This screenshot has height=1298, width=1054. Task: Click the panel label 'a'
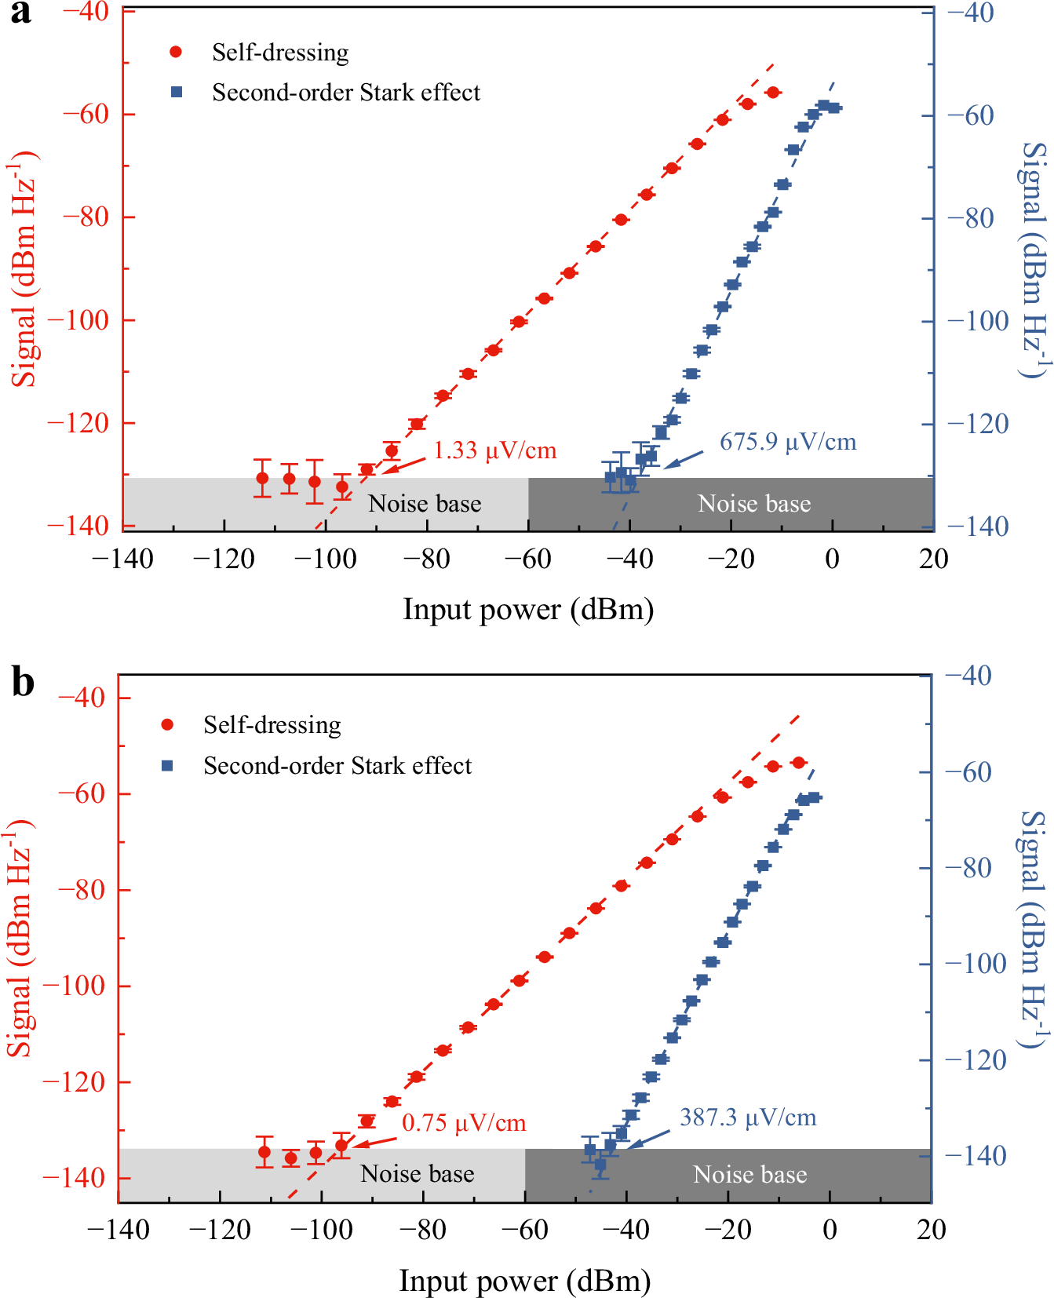[x=21, y=13]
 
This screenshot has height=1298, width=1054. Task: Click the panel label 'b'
[x=23, y=682]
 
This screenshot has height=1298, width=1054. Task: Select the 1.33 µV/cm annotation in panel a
[x=494, y=450]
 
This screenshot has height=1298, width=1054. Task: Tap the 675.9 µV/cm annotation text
[x=787, y=442]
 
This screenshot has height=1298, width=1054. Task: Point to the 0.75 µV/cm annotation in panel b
[x=463, y=1123]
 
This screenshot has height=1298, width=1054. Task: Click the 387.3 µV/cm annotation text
[x=747, y=1118]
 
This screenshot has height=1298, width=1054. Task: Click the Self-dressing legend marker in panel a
[x=176, y=52]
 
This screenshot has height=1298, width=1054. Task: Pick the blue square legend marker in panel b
[x=167, y=765]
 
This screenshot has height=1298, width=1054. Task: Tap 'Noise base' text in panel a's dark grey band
[x=753, y=504]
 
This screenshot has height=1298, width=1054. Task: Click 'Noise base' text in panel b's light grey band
[x=417, y=1174]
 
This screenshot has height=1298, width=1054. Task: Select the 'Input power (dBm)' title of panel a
[x=528, y=610]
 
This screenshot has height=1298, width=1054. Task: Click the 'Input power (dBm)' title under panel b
[x=525, y=1281]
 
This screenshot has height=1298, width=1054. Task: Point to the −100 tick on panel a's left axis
[x=79, y=320]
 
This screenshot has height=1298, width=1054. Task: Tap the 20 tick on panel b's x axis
[x=931, y=1230]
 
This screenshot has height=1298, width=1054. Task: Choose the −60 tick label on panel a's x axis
[x=528, y=560]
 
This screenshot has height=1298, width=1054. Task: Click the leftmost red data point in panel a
[x=262, y=478]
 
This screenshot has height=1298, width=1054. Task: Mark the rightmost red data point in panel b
[x=798, y=763]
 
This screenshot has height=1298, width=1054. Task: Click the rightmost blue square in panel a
[x=834, y=108]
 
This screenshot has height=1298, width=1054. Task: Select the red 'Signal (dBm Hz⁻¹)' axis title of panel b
[x=21, y=938]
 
